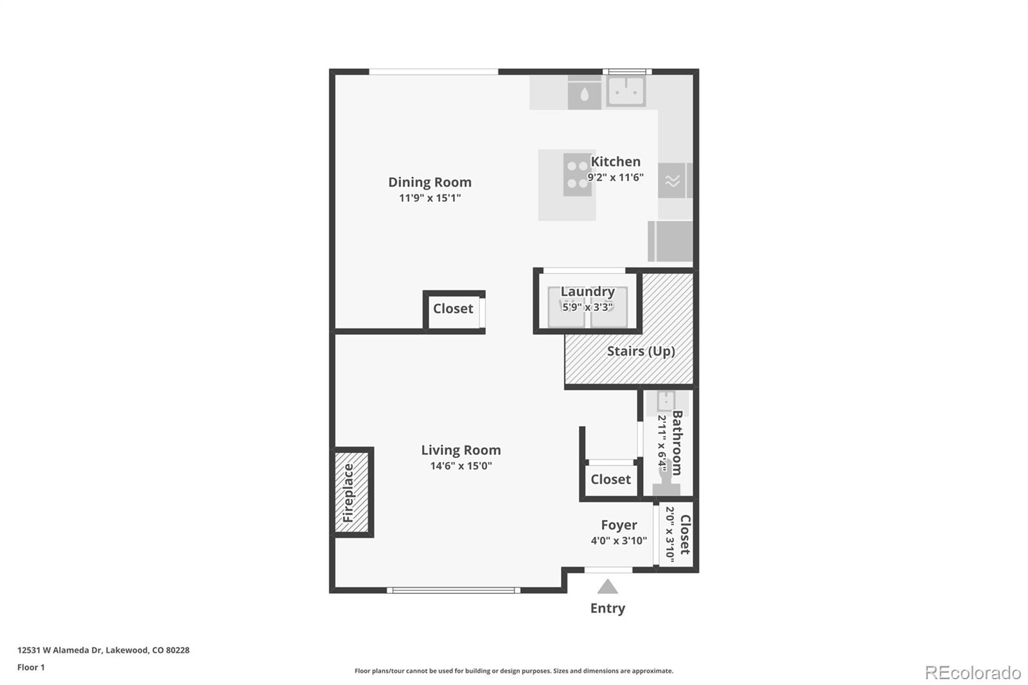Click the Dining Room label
pyautogui.click(x=429, y=182)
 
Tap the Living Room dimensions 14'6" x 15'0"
pyautogui.click(x=461, y=466)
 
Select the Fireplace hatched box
pyautogui.click(x=351, y=492)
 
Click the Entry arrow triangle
pyautogui.click(x=607, y=587)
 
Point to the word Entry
pyautogui.click(x=607, y=608)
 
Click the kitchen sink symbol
pyautogui.click(x=626, y=91)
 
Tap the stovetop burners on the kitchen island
pyautogui.click(x=577, y=175)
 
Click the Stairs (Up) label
pyautogui.click(x=641, y=351)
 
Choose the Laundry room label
pyautogui.click(x=587, y=292)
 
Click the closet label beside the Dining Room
pyautogui.click(x=453, y=308)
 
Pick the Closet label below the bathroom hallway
pyautogui.click(x=610, y=479)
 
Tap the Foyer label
pyautogui.click(x=619, y=525)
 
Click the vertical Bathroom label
pyautogui.click(x=677, y=443)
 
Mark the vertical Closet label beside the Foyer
pyautogui.click(x=685, y=535)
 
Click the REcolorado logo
pyautogui.click(x=972, y=672)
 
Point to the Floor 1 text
pyautogui.click(x=31, y=667)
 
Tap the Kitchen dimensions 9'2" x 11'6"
pyautogui.click(x=616, y=177)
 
